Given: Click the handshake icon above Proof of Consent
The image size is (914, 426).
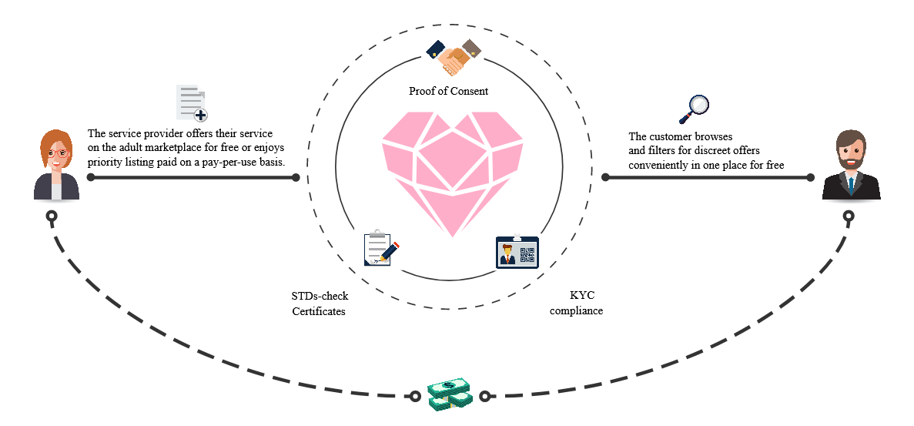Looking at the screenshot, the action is (x=454, y=56).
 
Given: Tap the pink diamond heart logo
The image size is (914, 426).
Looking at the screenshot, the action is (x=452, y=173).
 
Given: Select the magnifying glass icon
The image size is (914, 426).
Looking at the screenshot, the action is (x=694, y=109).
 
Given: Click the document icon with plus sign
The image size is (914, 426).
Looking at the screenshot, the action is (x=192, y=102).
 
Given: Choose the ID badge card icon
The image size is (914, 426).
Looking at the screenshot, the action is (x=517, y=251).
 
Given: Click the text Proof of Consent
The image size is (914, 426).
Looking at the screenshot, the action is (x=448, y=91).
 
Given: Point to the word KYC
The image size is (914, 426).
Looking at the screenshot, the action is (x=580, y=296).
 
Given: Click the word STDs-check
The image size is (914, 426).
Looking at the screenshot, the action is (x=320, y=296).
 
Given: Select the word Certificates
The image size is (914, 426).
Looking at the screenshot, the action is (x=319, y=311).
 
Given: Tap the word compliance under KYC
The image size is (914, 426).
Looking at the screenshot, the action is (x=576, y=310).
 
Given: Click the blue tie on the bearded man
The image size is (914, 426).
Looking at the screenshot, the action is (x=852, y=186).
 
